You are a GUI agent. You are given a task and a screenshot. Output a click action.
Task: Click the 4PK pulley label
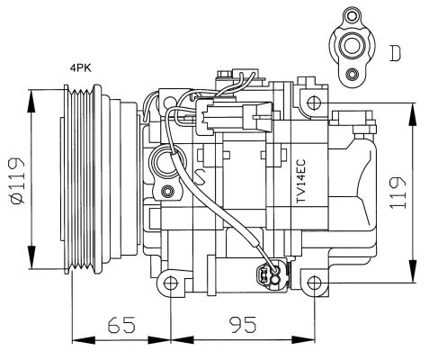pyautogui.click(x=80, y=68)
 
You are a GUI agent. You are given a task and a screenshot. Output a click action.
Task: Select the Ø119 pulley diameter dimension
pyautogui.click(x=17, y=181)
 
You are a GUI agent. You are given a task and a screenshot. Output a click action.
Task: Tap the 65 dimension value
pyautogui.click(x=121, y=325)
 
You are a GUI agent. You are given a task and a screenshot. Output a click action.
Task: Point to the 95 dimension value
pyautogui.click(x=243, y=325)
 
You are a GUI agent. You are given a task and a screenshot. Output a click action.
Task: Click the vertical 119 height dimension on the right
pyautogui.click(x=398, y=193)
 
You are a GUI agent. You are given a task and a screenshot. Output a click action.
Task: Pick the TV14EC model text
pyautogui.click(x=300, y=181)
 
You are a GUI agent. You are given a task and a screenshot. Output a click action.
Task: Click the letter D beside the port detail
pyautogui.click(x=395, y=54)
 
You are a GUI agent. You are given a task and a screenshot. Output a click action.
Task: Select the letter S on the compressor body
pyautogui.click(x=200, y=176)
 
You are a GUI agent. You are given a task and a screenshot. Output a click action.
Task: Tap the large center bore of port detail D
pyautogui.click(x=352, y=46)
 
